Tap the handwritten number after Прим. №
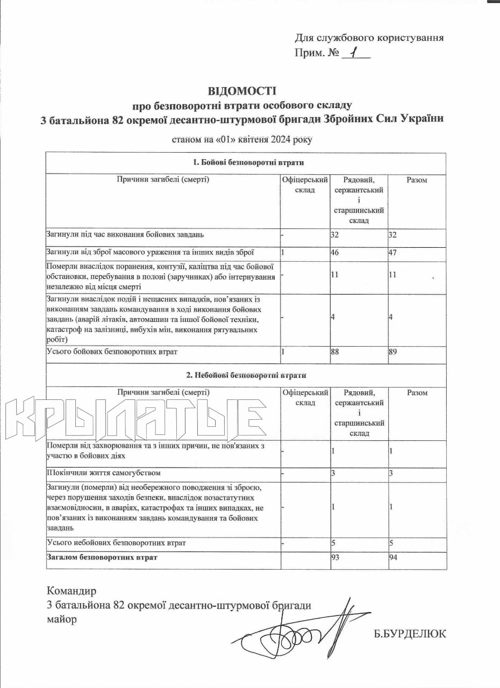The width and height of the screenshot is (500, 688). [353, 53]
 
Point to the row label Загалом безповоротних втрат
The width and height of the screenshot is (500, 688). [102, 558]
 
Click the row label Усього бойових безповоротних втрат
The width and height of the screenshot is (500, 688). [112, 352]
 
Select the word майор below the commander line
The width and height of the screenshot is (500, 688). [62, 619]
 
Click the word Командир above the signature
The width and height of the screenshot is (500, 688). [72, 592]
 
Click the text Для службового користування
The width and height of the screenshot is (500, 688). [369, 38]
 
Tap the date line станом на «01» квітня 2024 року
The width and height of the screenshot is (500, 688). [241, 139]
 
